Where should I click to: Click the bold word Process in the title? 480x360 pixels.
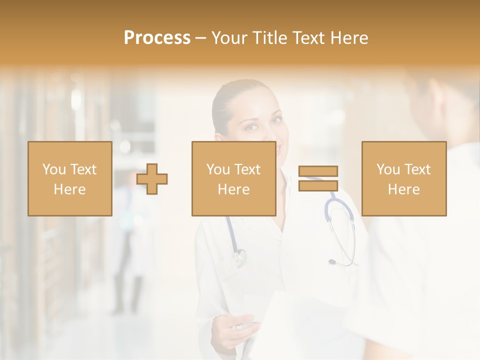(157, 37)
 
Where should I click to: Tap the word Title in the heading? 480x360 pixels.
(270, 37)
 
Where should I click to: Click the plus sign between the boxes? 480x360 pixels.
(152, 178)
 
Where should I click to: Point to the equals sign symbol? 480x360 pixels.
(318, 178)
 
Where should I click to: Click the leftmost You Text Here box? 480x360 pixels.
(69, 178)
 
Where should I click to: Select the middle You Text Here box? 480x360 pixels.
(233, 178)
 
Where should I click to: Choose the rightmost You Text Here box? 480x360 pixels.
(403, 178)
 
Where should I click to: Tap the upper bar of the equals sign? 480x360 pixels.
(318, 171)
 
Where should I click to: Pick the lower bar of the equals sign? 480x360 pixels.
(318, 185)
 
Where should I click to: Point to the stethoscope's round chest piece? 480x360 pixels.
(239, 256)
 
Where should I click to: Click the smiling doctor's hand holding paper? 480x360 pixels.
(234, 327)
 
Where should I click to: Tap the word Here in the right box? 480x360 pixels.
(403, 189)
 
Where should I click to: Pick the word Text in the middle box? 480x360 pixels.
(247, 169)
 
